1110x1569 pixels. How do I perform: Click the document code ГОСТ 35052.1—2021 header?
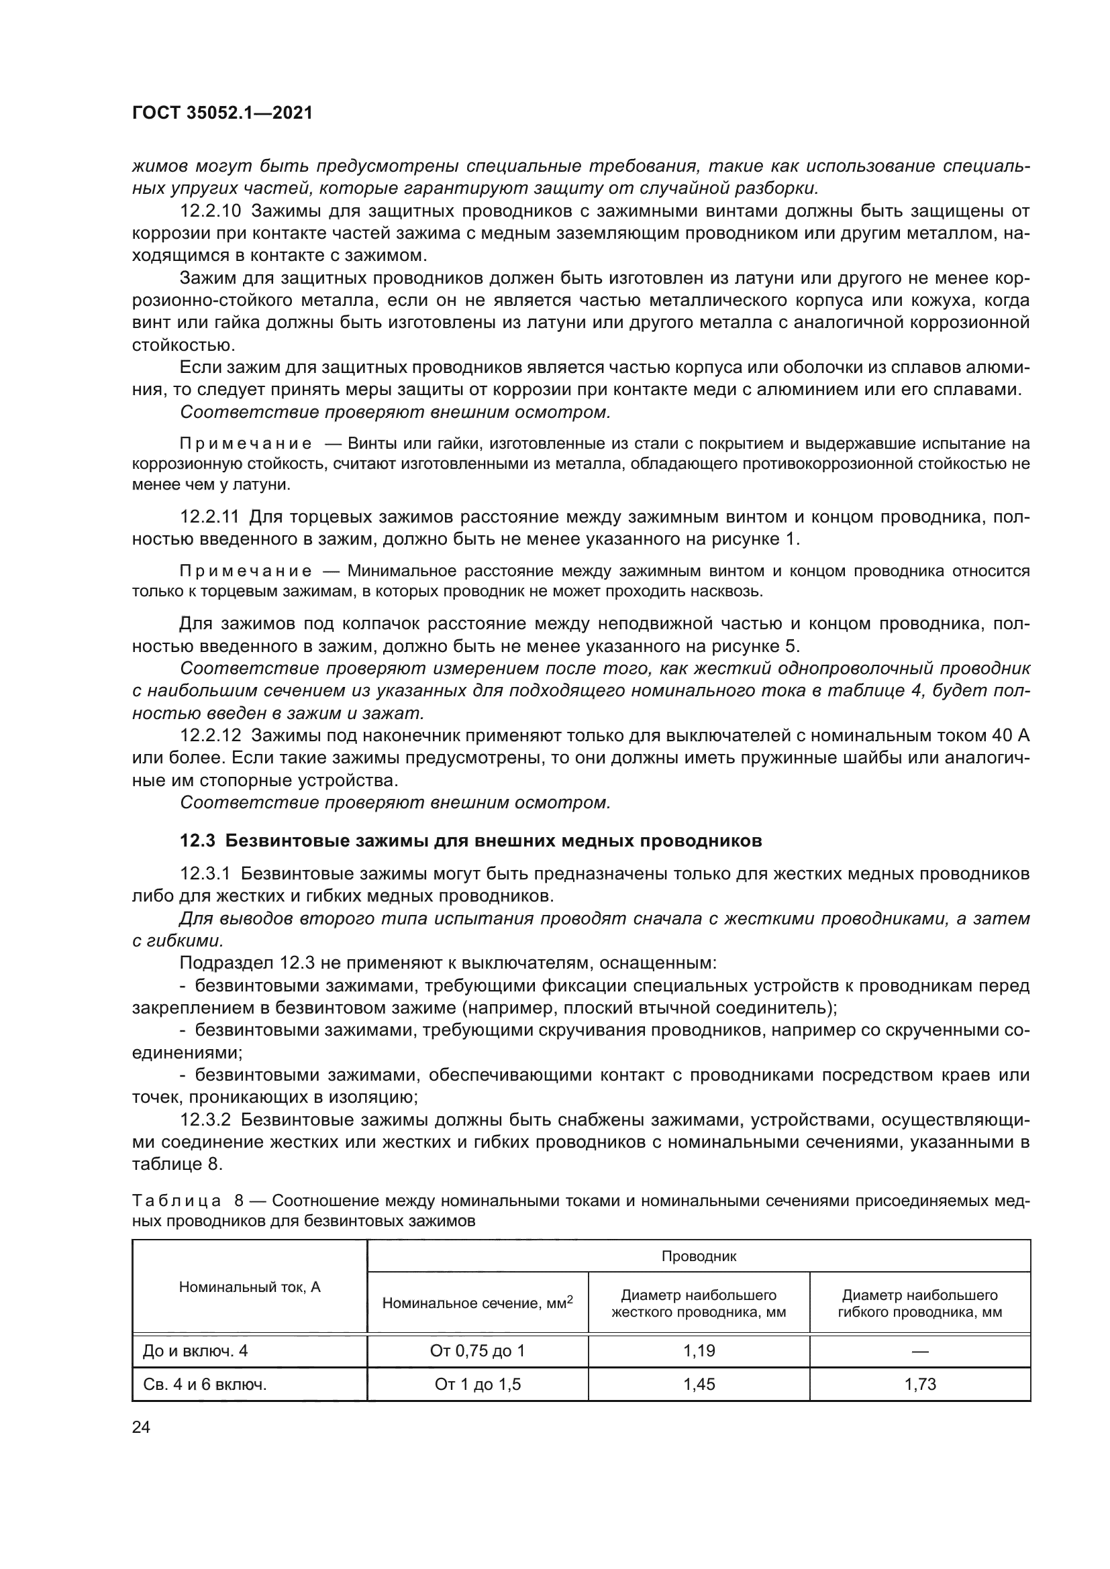pos(221,113)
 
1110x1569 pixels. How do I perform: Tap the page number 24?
pos(141,1427)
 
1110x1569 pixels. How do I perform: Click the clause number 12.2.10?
pos(210,211)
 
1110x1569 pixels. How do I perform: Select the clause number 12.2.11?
pos(210,517)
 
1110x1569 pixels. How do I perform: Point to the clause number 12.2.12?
pos(210,735)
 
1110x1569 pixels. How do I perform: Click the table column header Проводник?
pos(699,1255)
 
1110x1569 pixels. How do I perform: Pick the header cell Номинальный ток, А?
pos(250,1287)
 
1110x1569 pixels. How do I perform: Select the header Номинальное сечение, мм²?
pos(477,1303)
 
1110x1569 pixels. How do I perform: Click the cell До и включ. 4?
pos(195,1350)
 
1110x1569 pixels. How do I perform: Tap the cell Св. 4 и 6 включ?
pos(205,1384)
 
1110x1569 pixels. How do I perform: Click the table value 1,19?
pos(699,1350)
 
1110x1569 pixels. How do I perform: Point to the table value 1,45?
pos(699,1384)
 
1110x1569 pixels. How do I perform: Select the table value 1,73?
pos(920,1384)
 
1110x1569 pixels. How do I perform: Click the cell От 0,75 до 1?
pos(477,1350)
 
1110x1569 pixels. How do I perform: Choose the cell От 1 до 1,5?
pos(477,1384)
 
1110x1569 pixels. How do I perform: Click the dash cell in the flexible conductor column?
pos(920,1351)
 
